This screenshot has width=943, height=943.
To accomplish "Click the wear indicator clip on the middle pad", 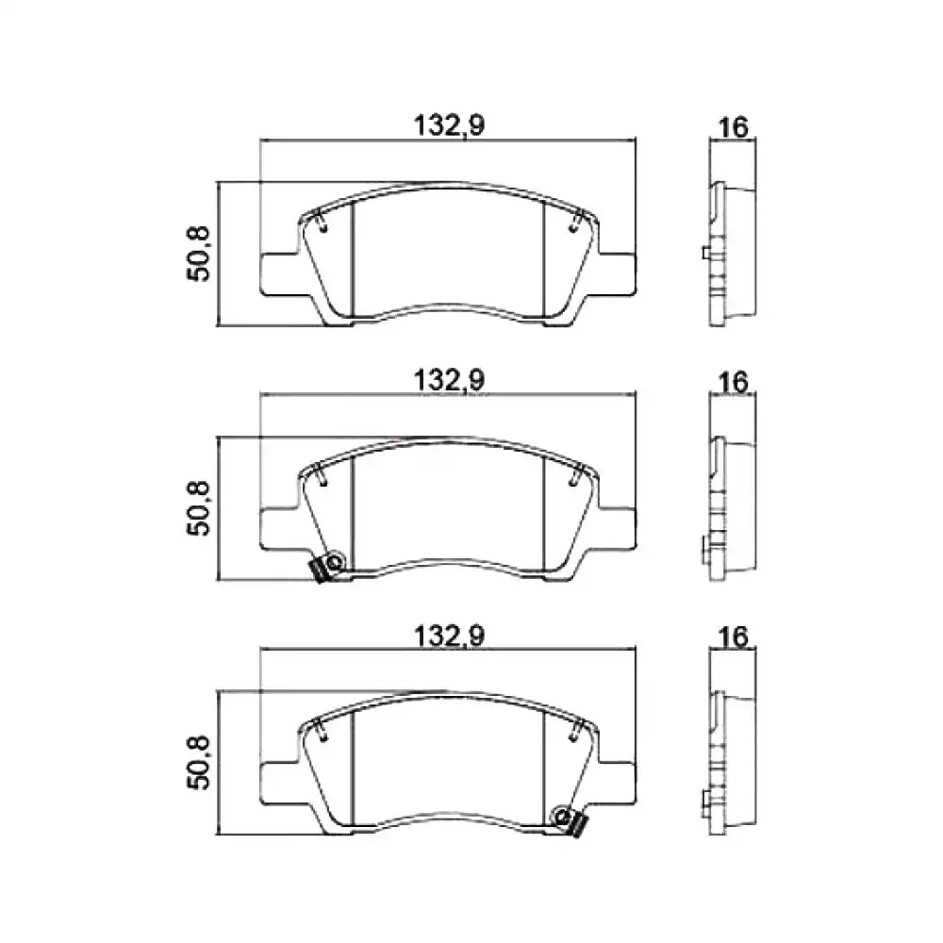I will click(x=328, y=566).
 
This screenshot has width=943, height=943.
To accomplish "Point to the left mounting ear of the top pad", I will click(x=278, y=270).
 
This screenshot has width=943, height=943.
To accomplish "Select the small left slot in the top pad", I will click(x=322, y=223).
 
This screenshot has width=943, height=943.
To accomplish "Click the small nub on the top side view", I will click(x=705, y=253).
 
